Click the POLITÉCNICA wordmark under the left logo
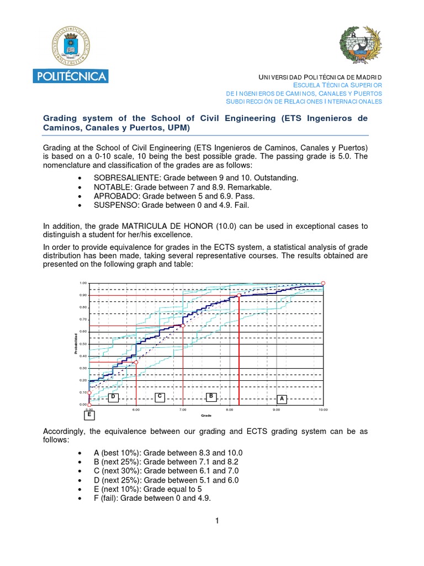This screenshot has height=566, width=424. point(71,76)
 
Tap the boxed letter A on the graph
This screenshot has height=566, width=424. point(282,399)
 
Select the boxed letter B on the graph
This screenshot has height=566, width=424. point(210,396)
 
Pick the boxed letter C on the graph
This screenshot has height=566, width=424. point(159,396)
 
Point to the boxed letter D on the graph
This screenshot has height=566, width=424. point(113,397)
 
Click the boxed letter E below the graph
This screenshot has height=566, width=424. point(89,414)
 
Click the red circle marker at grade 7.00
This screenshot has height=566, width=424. point(183,326)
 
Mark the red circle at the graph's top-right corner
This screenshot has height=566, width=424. point(324,283)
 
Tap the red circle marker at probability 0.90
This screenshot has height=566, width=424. point(239,296)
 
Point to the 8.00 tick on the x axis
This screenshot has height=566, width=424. point(230,410)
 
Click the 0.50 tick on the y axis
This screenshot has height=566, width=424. point(83,344)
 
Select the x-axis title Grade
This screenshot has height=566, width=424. point(206,415)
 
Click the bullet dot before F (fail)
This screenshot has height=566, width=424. point(81,498)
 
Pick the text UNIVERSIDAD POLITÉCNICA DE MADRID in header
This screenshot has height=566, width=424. point(320,77)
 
